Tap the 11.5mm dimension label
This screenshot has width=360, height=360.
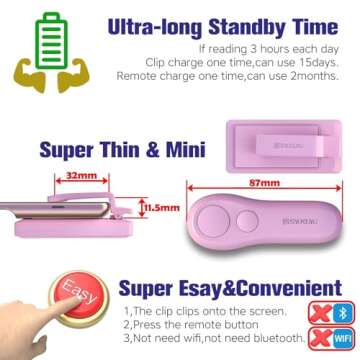click(x=149, y=208)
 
